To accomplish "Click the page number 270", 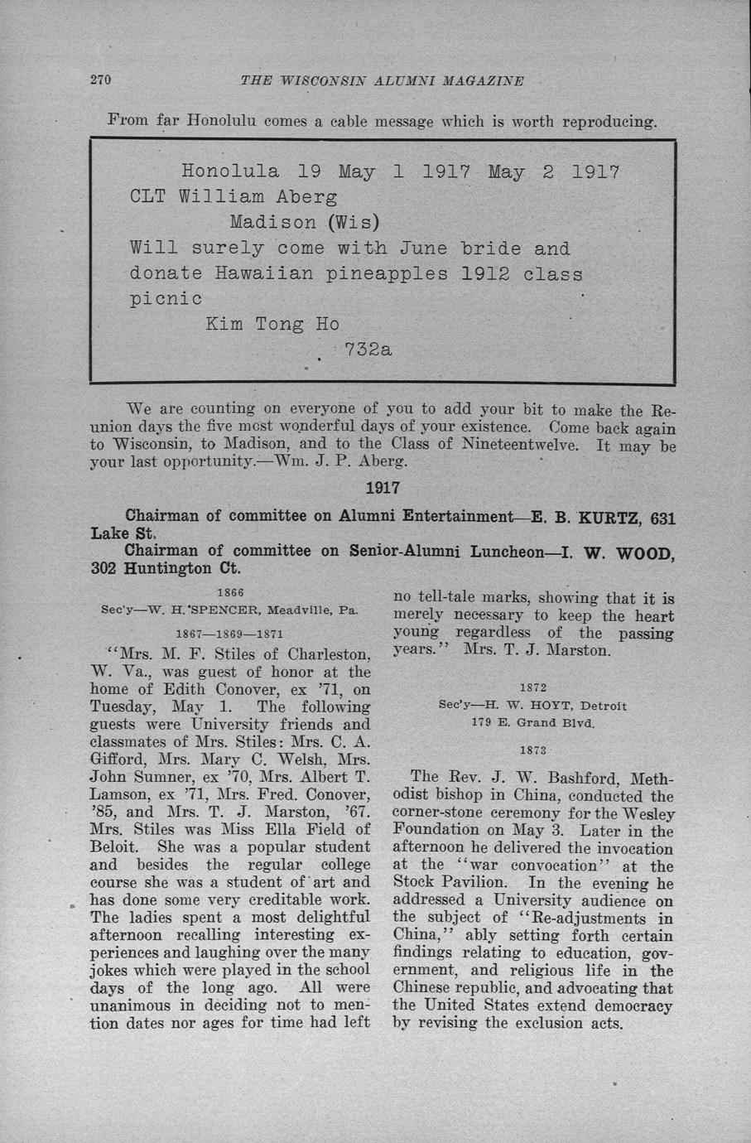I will coord(100,80).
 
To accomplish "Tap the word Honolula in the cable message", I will coord(229,172).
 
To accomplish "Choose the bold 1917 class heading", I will coord(383,489).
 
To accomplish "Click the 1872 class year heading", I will coord(532,687).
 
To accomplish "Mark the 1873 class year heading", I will coord(532,750).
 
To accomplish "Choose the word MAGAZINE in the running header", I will coord(484,81).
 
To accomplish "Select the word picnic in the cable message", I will coord(166,298).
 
